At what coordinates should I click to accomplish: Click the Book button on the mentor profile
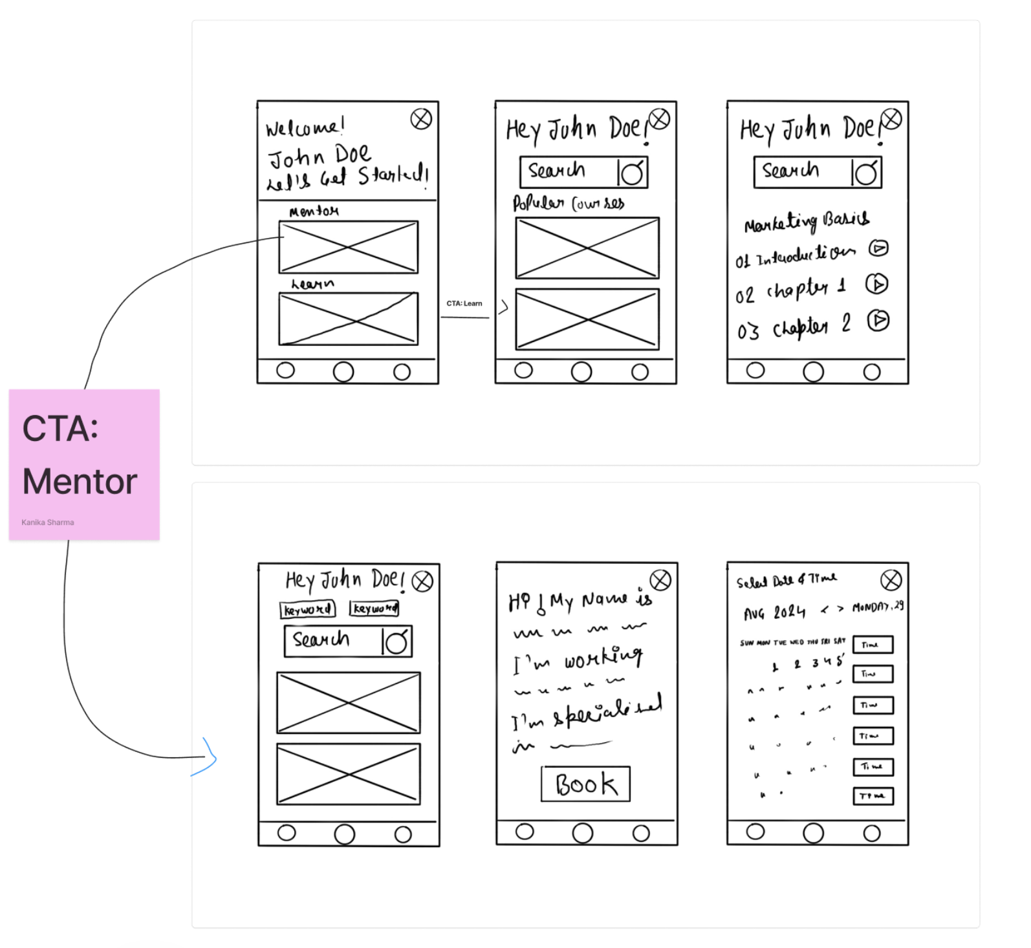pyautogui.click(x=585, y=784)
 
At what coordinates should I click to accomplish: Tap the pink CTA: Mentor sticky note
pyautogui.click(x=84, y=464)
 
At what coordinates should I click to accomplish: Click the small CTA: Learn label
pyautogui.click(x=464, y=303)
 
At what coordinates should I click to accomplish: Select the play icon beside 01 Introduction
pyautogui.click(x=878, y=248)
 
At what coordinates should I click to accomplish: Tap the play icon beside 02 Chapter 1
pyautogui.click(x=877, y=284)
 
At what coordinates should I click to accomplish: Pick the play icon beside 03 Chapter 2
pyautogui.click(x=878, y=320)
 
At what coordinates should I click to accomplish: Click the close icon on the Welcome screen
pyautogui.click(x=421, y=119)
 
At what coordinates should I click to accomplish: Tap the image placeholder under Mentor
pyautogui.click(x=348, y=247)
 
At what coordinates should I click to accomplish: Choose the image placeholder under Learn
pyautogui.click(x=348, y=319)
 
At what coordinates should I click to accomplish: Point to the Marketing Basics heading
pyautogui.click(x=807, y=222)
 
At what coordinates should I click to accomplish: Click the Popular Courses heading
pyautogui.click(x=569, y=203)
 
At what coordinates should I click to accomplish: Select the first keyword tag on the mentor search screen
pyautogui.click(x=308, y=610)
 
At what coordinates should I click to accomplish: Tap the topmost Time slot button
pyautogui.click(x=873, y=645)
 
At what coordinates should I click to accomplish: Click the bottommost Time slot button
pyautogui.click(x=873, y=796)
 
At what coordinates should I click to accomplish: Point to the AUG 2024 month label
pyautogui.click(x=774, y=612)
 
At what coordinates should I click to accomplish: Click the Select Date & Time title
pyautogui.click(x=787, y=580)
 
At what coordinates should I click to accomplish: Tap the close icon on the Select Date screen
pyautogui.click(x=891, y=580)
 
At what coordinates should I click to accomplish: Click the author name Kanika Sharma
pyautogui.click(x=48, y=522)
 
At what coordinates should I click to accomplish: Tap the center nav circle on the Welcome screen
pyautogui.click(x=343, y=372)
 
